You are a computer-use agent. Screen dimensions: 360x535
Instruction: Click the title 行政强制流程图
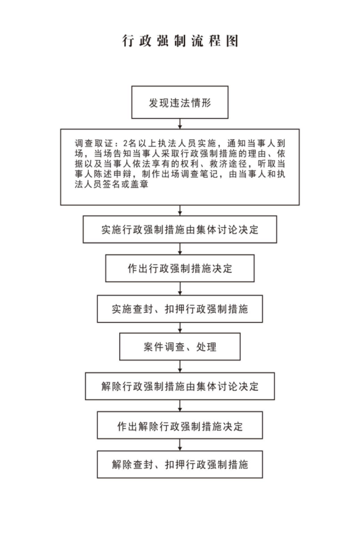[x=180, y=41]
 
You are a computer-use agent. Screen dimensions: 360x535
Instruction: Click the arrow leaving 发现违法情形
[x=180, y=124]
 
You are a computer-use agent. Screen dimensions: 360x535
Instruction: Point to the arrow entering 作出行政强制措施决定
[x=180, y=249]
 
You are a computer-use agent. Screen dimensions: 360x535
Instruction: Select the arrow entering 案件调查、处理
[x=180, y=328]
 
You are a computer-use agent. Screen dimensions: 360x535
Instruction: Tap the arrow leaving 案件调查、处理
[x=180, y=366]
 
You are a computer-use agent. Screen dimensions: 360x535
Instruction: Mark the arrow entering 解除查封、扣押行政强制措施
[x=180, y=445]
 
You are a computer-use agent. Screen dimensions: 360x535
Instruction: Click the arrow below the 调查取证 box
[x=180, y=211]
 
